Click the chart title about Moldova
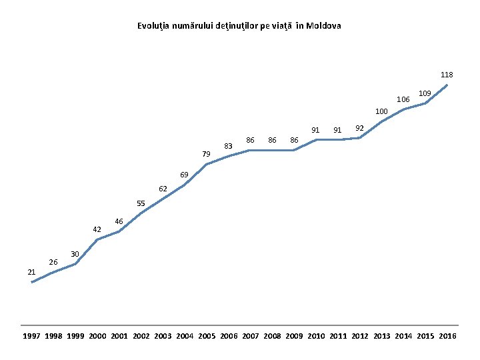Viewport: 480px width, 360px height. [239, 26]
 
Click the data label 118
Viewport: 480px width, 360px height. [447, 75]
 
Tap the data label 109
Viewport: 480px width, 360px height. [425, 93]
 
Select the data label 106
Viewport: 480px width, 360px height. [403, 99]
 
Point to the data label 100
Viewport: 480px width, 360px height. [381, 111]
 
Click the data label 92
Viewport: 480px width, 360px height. [359, 128]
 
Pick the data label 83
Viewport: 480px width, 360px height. [228, 145]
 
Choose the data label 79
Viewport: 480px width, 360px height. [206, 154]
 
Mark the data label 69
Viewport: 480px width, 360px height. [184, 175]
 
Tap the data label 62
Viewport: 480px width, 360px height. [163, 189]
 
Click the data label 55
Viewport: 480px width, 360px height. [141, 203]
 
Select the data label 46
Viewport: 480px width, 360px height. [119, 221]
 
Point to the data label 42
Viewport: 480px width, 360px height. [97, 229]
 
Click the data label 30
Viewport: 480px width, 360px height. [75, 254]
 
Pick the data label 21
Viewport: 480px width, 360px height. [31, 272]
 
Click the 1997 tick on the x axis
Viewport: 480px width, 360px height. [31, 336]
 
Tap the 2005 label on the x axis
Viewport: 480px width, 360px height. [207, 336]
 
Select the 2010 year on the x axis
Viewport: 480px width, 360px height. [316, 336]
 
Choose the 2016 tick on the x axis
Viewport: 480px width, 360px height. [447, 336]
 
